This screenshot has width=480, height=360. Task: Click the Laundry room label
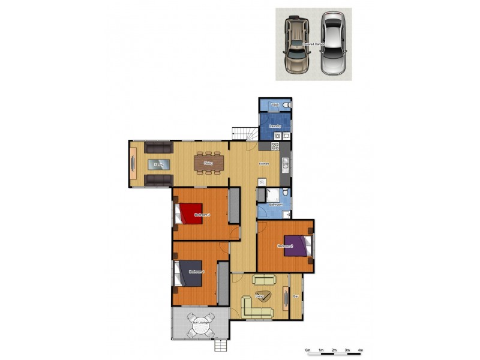[275, 126]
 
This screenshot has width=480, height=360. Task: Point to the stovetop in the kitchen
[275, 145]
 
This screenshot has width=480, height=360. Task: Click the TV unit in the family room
[133, 164]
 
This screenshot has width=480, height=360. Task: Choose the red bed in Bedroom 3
[190, 214]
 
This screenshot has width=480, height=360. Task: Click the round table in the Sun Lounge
[198, 327]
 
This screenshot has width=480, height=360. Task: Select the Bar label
[296, 296]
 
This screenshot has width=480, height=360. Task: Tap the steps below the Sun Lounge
[221, 346]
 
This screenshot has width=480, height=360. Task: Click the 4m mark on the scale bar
[361, 350]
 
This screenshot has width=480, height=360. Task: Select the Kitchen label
[263, 164]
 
